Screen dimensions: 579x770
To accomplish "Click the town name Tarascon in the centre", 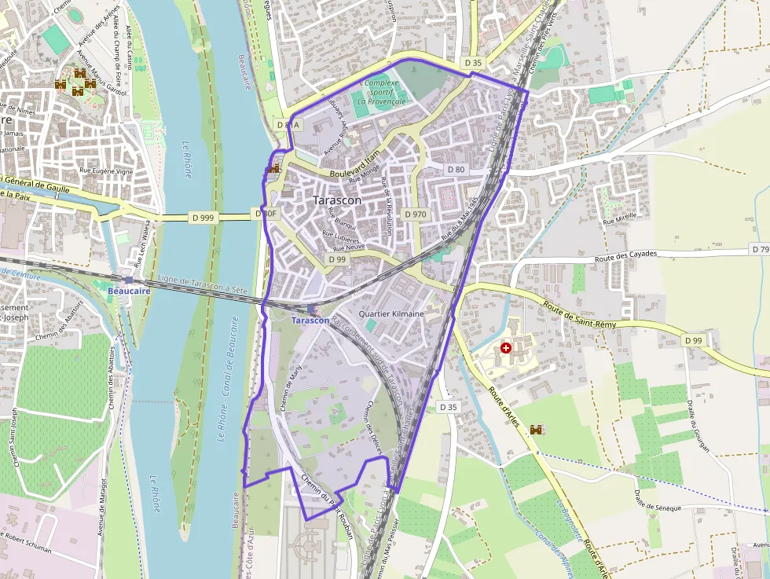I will tap(337, 200).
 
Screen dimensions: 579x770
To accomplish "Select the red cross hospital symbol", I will tap(506, 347).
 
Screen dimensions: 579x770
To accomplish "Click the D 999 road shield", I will tap(202, 218).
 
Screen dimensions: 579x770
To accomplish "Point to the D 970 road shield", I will tap(416, 214).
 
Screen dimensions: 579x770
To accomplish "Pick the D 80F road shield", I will tap(266, 214).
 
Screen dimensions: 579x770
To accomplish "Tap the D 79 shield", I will tap(760, 249).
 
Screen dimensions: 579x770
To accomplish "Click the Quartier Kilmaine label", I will tap(390, 313).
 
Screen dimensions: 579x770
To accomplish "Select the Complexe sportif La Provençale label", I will tap(381, 92).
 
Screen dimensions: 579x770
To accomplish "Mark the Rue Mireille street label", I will tap(619, 222).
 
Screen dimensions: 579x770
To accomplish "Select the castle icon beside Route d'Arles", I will tap(537, 430).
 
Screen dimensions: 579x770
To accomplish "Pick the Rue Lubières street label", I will tap(340, 240).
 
